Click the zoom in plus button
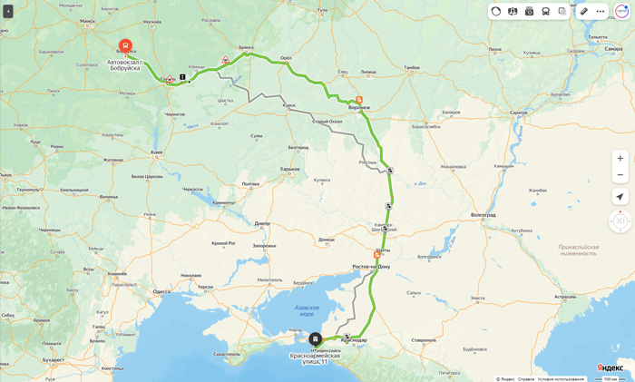click(x=620, y=159)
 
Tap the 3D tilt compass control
click(x=620, y=220)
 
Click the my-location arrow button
click(x=620, y=197)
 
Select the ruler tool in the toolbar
click(x=584, y=12)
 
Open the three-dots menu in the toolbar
click(x=601, y=12)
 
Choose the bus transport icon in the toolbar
click(x=546, y=12)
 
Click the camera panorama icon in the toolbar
click(x=530, y=12)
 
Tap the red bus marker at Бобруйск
click(x=125, y=45)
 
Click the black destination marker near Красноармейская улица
click(x=316, y=339)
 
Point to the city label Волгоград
click(x=484, y=215)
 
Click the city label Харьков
click(x=290, y=169)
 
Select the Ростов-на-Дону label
click(x=371, y=267)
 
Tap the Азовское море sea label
click(x=307, y=310)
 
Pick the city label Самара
click(x=613, y=48)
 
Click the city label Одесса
click(x=161, y=291)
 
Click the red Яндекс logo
click(x=611, y=367)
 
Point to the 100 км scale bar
click(x=611, y=378)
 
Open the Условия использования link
click(x=561, y=378)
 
